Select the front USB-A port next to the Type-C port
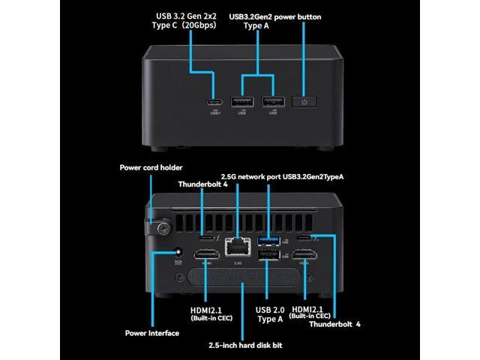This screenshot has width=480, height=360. point(241,101)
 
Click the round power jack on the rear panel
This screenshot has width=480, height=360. point(178,253)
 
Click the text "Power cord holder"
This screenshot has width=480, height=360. point(151,168)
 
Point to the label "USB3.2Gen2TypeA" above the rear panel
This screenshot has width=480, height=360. point(315,177)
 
